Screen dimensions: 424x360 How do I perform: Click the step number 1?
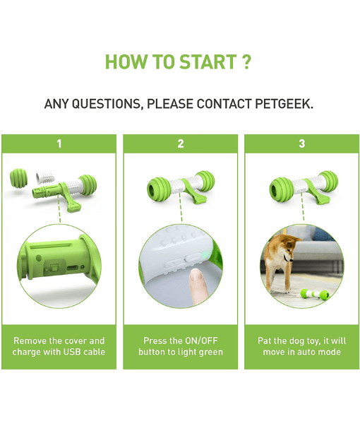(59, 143)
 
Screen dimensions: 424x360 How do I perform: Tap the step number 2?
(181, 143)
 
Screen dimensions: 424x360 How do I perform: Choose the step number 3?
(302, 143)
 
